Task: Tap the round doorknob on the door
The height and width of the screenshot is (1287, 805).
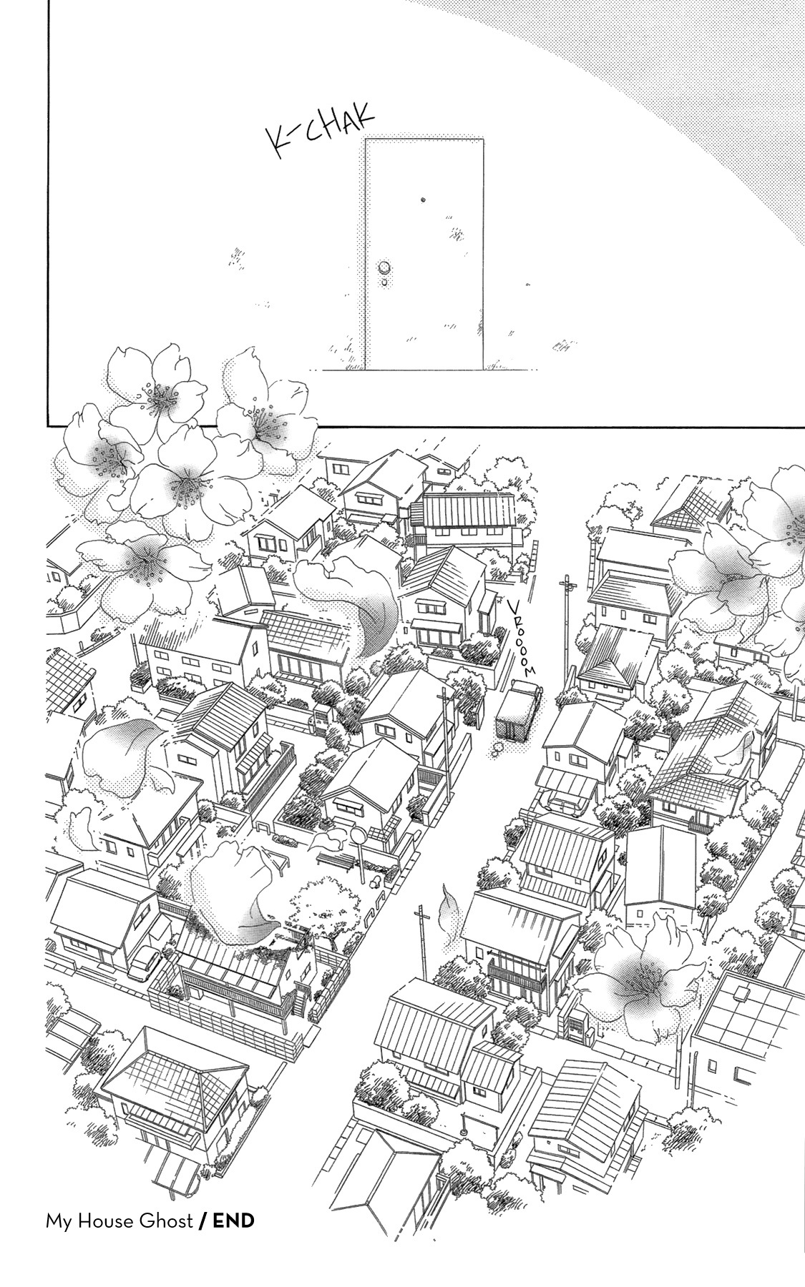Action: point(385,268)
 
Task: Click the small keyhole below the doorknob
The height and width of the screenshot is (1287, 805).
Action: point(385,282)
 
